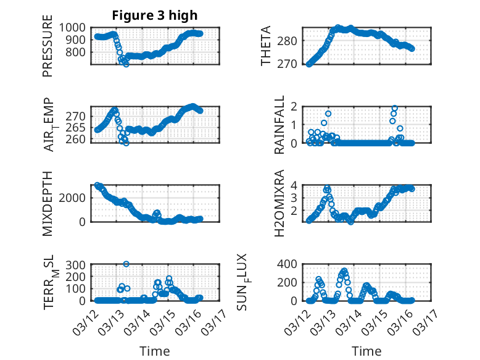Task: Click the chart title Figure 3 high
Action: (155, 15)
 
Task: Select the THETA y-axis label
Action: (266, 46)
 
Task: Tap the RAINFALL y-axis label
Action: (279, 125)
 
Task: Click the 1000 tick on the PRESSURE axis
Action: (76, 27)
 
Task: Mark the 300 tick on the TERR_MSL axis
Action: (78, 264)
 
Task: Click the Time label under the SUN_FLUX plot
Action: (366, 351)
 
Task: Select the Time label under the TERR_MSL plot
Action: (154, 351)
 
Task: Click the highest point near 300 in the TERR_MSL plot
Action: (126, 264)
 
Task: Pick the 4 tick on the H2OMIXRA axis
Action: (295, 185)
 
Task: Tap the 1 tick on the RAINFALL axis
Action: (295, 124)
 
